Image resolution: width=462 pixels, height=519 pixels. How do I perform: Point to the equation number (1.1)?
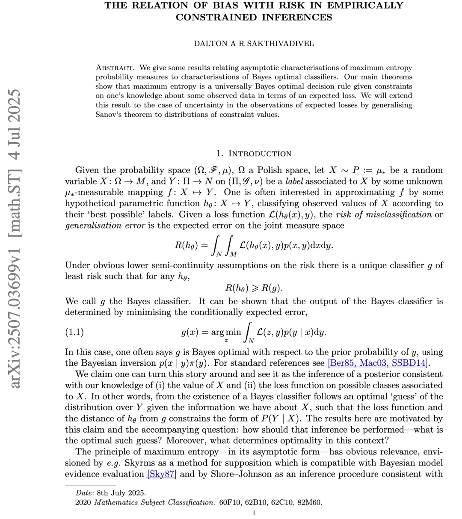tap(74, 332)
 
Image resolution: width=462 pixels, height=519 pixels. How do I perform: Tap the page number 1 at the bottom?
tap(254, 513)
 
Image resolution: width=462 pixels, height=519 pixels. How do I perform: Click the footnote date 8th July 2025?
tap(123, 492)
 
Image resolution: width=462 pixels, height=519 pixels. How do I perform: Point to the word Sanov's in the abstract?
tap(109, 114)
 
